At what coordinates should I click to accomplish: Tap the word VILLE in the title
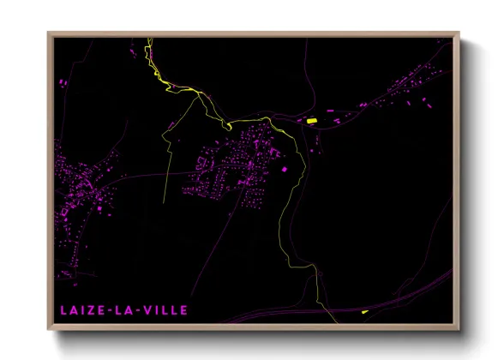(163, 307)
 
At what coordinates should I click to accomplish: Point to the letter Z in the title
(89, 307)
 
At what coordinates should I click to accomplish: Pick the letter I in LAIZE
(81, 307)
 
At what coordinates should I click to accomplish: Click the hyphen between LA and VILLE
(140, 307)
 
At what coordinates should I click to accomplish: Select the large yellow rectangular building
(313, 121)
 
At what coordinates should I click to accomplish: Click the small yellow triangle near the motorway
(364, 312)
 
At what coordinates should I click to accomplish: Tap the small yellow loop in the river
(229, 126)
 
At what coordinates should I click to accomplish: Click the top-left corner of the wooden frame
(48, 33)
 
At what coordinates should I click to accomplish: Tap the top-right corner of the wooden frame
(459, 33)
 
